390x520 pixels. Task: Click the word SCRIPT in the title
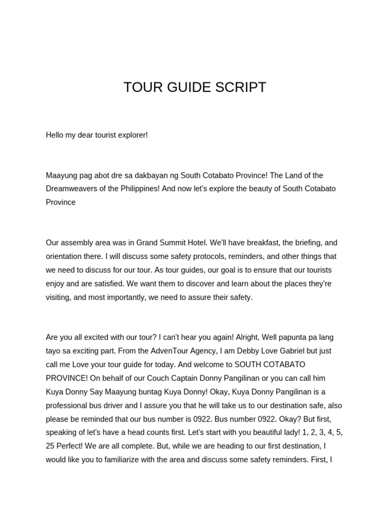pos(242,87)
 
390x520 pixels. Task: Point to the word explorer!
pos(132,135)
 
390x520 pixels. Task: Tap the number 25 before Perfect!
pos(50,446)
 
